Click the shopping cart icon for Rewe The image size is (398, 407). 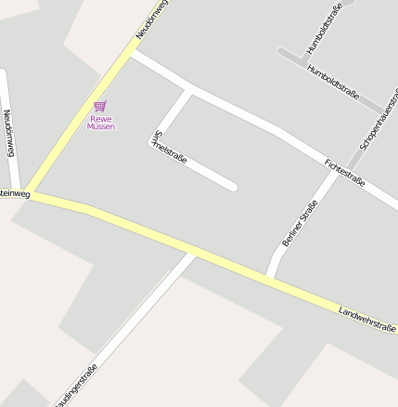pos(100,106)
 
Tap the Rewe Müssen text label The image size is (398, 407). pos(100,123)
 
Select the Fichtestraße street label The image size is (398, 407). pos(345,173)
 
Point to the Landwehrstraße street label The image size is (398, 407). pos(367,318)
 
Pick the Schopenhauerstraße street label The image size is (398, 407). pos(379,121)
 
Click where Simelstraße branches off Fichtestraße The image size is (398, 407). pos(189,91)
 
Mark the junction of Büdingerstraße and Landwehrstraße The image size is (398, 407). pos(192,253)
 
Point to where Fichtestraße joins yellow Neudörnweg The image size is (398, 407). pos(130,55)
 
